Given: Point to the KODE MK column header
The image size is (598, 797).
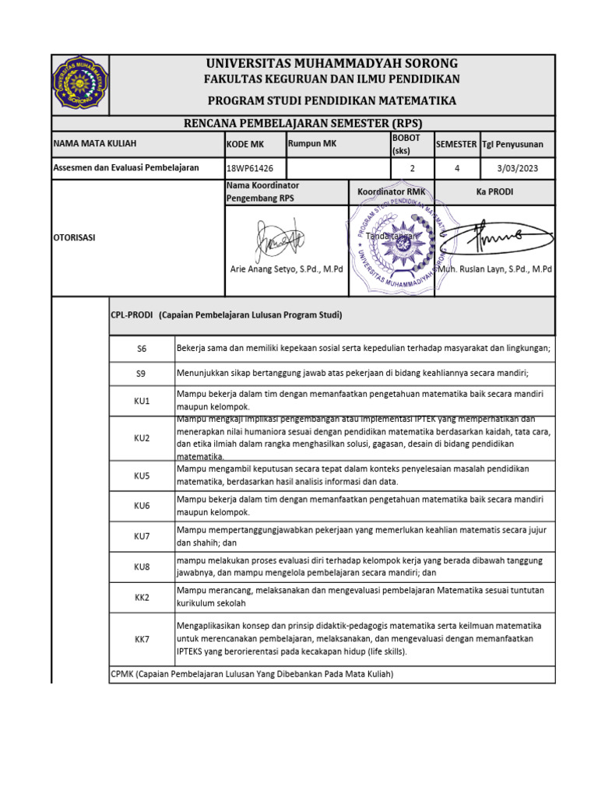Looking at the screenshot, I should [245, 145].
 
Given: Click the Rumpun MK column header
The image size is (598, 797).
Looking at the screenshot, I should [312, 144].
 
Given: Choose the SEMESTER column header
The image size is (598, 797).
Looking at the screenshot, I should [456, 145].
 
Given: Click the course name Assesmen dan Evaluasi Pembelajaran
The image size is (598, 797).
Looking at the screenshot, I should [126, 168].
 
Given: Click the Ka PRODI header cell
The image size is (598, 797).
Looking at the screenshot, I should [494, 191].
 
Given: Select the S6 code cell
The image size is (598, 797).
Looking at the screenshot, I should [141, 349].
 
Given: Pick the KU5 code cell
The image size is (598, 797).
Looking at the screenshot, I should [141, 476].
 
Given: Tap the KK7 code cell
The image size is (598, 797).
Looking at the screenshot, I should [141, 639].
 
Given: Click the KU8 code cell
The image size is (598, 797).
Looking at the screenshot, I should [141, 567].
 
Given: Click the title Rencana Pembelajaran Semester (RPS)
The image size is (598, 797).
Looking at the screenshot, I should [302, 124].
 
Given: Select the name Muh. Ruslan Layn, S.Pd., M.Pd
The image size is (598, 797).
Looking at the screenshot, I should [495, 269].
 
